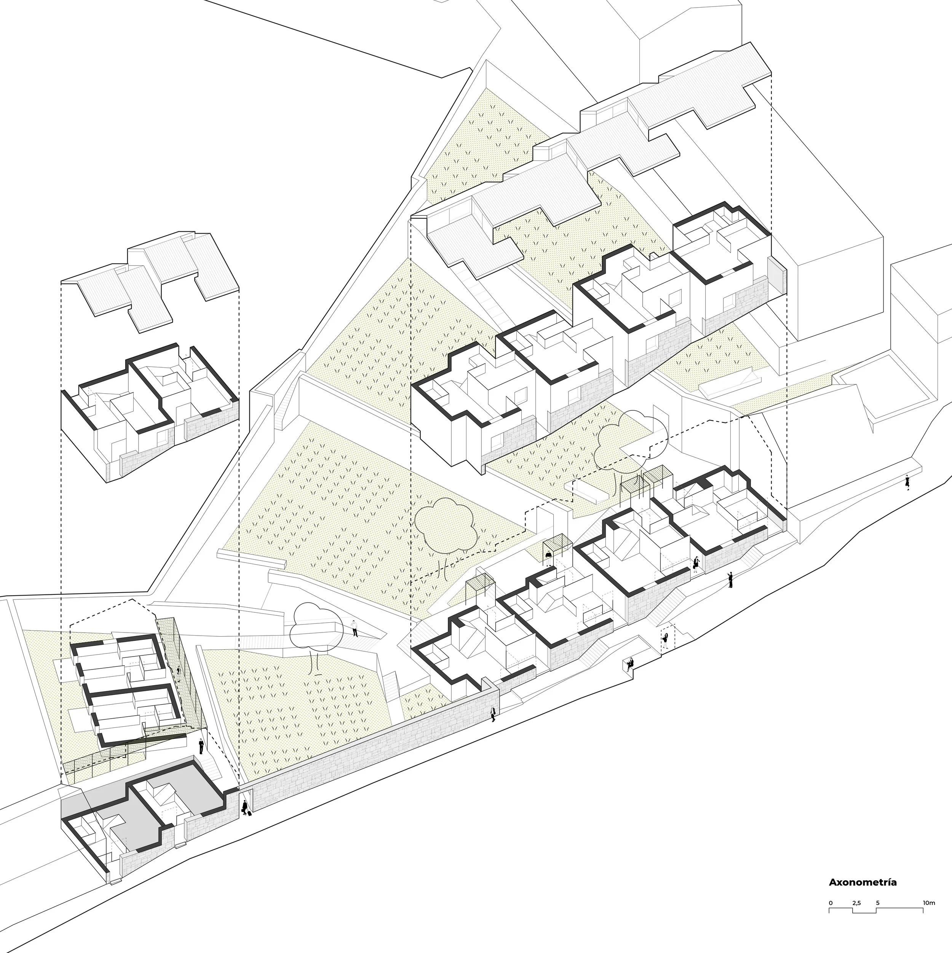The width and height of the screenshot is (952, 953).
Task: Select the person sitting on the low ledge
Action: pos(629,665)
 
